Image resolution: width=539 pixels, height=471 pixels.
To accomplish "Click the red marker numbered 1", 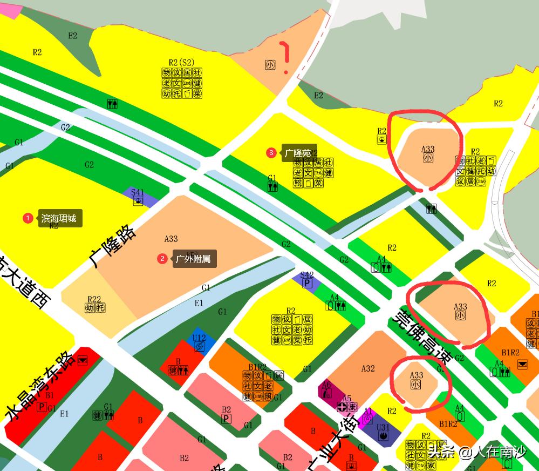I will click(28, 218).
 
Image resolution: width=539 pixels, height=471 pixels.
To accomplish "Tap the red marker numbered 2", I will click(162, 259).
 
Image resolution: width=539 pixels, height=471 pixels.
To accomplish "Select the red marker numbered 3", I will click(271, 153).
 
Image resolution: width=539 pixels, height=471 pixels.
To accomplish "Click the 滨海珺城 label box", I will click(60, 219).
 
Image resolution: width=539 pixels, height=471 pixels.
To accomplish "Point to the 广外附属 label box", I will click(194, 259).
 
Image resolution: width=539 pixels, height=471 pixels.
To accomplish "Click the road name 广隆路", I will click(112, 246).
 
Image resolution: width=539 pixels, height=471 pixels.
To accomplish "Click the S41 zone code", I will click(138, 192).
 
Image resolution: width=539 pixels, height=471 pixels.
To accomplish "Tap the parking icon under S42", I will click(307, 283).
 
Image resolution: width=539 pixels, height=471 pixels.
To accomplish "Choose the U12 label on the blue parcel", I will click(199, 338).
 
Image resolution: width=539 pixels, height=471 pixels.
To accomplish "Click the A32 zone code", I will click(368, 368).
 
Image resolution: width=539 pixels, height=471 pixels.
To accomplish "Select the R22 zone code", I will click(94, 299).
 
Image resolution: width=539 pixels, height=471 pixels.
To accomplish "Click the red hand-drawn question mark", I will click(284, 57).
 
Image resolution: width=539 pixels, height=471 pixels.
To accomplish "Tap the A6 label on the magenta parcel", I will click(326, 385).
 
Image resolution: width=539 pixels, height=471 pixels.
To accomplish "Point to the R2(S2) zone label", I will click(181, 63).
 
